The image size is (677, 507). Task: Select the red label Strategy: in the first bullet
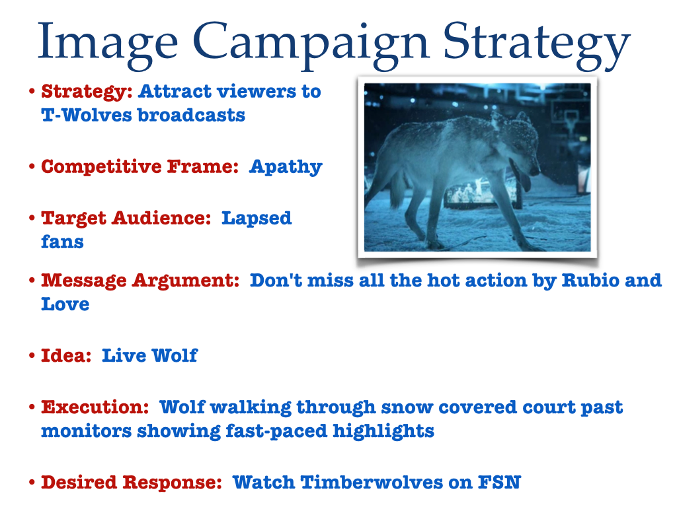coord(87,92)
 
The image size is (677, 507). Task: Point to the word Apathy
coord(286,167)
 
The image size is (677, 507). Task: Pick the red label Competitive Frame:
coord(140,166)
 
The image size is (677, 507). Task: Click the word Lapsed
coord(257,219)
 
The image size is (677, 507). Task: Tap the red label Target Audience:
coord(126,218)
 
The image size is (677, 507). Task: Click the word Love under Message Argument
coord(65,304)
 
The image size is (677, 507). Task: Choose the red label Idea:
coord(66,356)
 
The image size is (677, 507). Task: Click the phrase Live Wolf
coord(149,356)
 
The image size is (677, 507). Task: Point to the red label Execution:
coord(95,407)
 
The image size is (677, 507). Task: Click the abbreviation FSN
coord(499,483)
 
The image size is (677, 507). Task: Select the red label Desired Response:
coord(132,483)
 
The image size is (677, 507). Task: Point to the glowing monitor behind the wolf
coord(481,195)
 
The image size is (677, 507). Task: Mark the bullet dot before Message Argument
coord(32,280)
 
